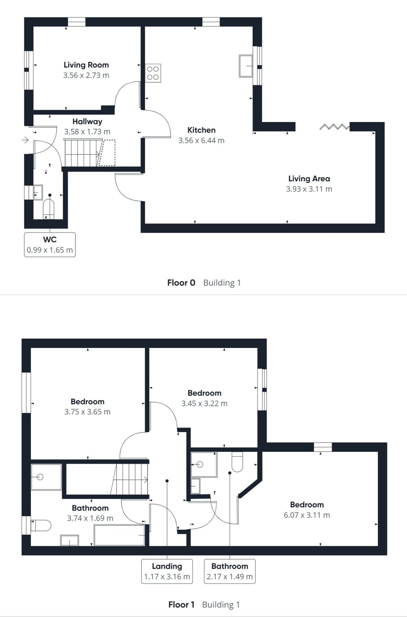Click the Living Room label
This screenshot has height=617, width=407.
point(86,65)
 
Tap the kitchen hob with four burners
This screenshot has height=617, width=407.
point(153,73)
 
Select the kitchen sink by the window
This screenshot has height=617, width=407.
point(246,66)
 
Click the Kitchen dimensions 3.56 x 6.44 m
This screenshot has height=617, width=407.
point(201,140)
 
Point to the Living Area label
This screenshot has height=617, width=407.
point(309,179)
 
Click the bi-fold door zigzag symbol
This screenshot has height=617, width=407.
point(334,126)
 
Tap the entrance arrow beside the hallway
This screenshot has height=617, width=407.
point(25,140)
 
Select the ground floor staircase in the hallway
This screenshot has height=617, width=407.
point(84,153)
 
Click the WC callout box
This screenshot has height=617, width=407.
point(50,244)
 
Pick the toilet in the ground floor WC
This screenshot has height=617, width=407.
point(49,209)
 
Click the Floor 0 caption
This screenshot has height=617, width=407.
point(181,283)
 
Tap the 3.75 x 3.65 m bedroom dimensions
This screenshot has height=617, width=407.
point(87,412)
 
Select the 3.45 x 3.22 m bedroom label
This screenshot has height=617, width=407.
point(204,393)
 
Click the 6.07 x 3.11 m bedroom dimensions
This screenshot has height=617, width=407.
point(307,515)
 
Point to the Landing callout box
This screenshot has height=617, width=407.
point(167,571)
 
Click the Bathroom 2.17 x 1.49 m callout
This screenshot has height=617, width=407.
point(230,571)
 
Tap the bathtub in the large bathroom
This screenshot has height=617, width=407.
point(120,535)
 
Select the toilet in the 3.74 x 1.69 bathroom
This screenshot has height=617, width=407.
point(41,525)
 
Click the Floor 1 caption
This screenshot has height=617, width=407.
point(181,605)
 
